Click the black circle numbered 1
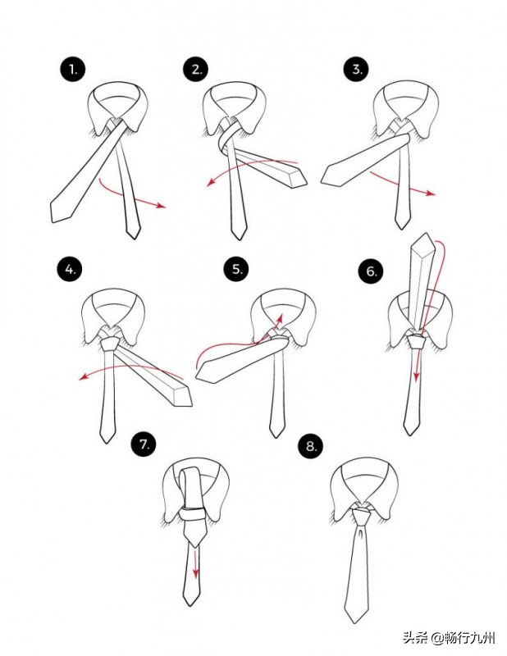pos(72,69)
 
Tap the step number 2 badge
pos(196,69)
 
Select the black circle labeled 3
pos(356,69)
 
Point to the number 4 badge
pos(70,270)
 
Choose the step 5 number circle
pos(236,269)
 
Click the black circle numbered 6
pos(372,271)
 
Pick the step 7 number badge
pos(144,444)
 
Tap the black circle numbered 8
pos(311,446)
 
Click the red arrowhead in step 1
pos(162,205)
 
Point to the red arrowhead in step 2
pos(212,182)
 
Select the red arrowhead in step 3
pos(431,194)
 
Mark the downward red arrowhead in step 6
pos(416,376)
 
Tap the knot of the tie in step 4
pos(110,344)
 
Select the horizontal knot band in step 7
pos(193,513)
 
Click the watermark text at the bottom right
pos(449,639)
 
